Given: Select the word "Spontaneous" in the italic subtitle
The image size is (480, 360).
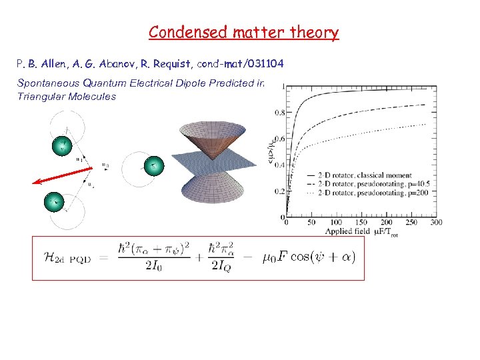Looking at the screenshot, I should [47, 83].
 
